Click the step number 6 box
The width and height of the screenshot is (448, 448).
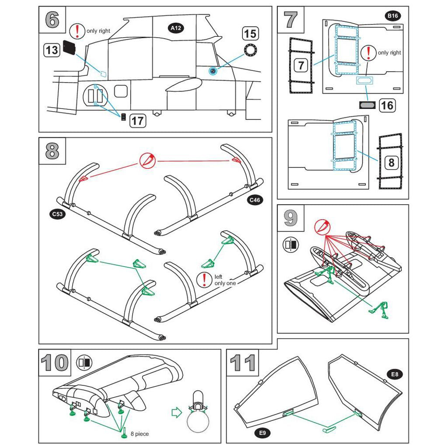click(52, 20)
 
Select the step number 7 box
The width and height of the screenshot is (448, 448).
click(291, 20)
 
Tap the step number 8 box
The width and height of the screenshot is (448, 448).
click(52, 151)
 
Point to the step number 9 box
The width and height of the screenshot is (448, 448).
click(291, 218)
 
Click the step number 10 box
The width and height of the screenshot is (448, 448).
click(54, 363)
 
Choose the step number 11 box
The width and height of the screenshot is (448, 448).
click(242, 363)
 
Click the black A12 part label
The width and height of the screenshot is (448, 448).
click(176, 28)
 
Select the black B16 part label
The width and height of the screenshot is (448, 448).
click(392, 17)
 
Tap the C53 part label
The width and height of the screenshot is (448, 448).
click(56, 214)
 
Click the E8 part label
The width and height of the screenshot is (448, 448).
click(395, 374)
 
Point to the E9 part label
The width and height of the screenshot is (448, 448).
click(262, 433)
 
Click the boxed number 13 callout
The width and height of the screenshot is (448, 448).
click(52, 50)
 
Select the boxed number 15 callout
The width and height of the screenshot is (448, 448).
click(250, 34)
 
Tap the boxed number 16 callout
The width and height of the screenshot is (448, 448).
click(387, 105)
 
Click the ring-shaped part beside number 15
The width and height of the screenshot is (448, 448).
click(250, 50)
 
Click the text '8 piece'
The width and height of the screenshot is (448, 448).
click(140, 434)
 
